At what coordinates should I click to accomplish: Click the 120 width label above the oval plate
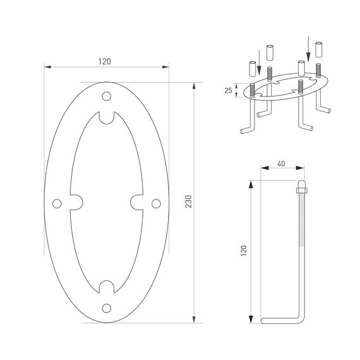click(105, 61)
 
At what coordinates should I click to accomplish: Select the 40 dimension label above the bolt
click(280, 164)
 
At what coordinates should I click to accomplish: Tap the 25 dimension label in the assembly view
click(227, 90)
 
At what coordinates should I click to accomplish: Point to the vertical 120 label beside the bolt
click(244, 251)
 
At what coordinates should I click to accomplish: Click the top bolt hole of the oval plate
click(107, 96)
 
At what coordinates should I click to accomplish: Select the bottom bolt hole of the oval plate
click(107, 308)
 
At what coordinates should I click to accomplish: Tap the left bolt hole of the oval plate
click(57, 203)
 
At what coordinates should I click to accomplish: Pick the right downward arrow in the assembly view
click(308, 44)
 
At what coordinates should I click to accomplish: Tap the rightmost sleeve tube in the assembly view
click(320, 47)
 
